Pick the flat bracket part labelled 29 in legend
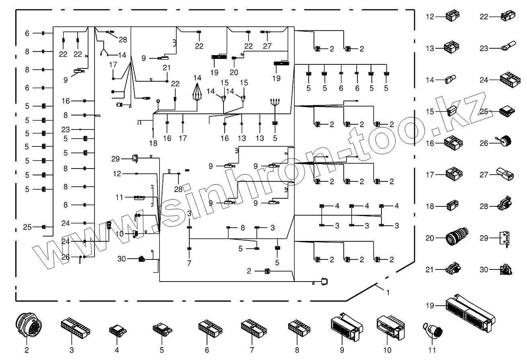click(503, 238)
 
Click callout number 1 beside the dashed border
click(388, 293)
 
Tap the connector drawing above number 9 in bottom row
click(345, 326)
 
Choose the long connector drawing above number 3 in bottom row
click(75, 328)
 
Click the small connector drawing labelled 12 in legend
click(452, 16)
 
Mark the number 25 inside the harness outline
click(27, 227)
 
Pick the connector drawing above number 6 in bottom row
click(208, 327)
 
